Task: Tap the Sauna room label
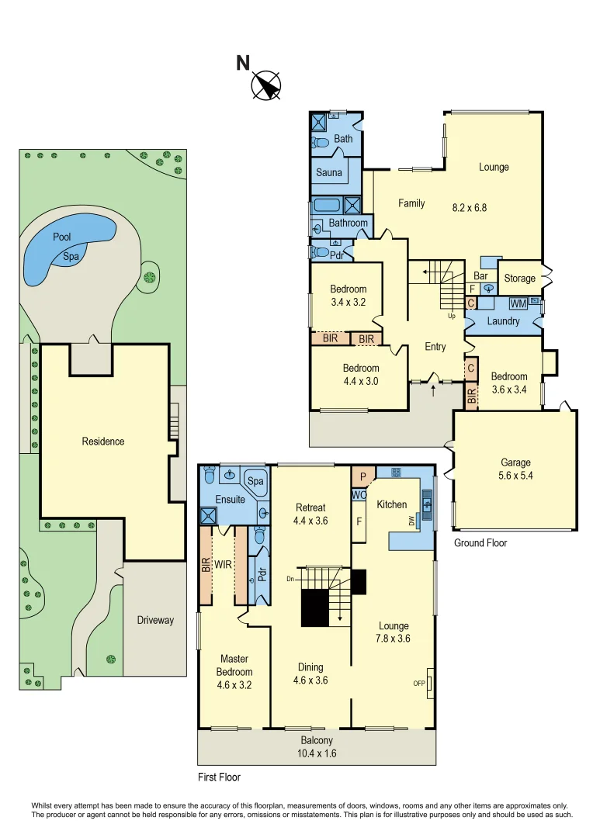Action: coord(328,172)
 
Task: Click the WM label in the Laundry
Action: coord(517,302)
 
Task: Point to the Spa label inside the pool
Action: coord(71,257)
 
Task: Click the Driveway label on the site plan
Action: coord(155,620)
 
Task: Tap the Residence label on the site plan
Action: coord(103,442)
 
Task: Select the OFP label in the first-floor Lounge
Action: coord(419,684)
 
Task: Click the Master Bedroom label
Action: coord(234,672)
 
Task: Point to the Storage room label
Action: coord(519,279)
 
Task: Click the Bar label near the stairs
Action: coord(480,275)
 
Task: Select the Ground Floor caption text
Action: coord(480,543)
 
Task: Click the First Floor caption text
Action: coord(219,777)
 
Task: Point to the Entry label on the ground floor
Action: coord(435,347)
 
